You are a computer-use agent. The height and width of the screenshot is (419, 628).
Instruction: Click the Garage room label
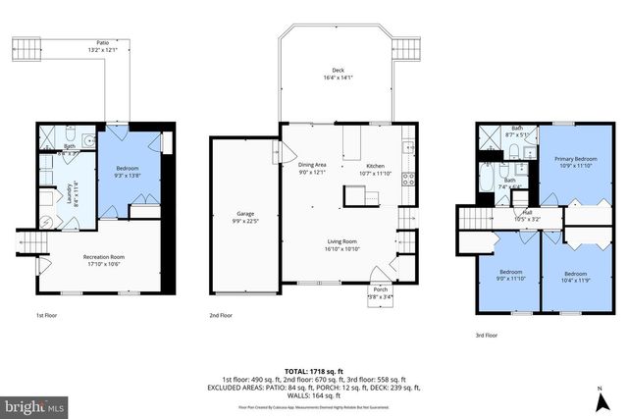(x=244, y=216)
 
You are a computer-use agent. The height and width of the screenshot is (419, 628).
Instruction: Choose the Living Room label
(x=342, y=244)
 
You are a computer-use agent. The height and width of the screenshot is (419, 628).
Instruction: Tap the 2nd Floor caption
(x=221, y=316)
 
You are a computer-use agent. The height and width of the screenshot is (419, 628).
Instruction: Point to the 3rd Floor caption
(x=486, y=335)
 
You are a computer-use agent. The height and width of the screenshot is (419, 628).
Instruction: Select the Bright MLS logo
(x=34, y=404)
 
